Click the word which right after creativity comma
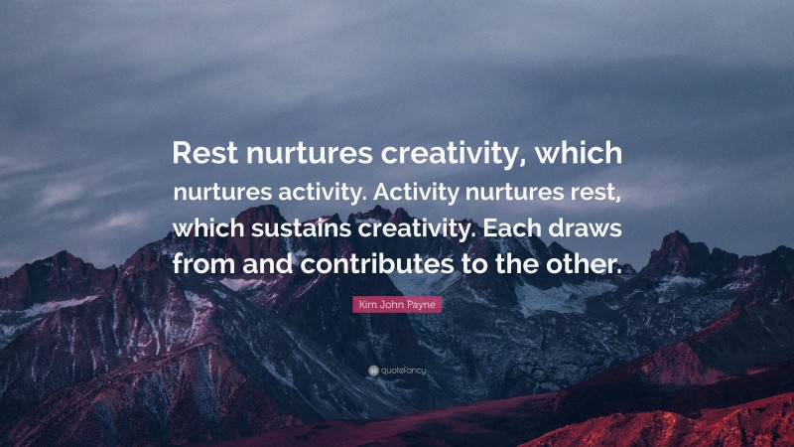point(582,154)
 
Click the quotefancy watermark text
point(402,370)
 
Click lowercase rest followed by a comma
point(595,192)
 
